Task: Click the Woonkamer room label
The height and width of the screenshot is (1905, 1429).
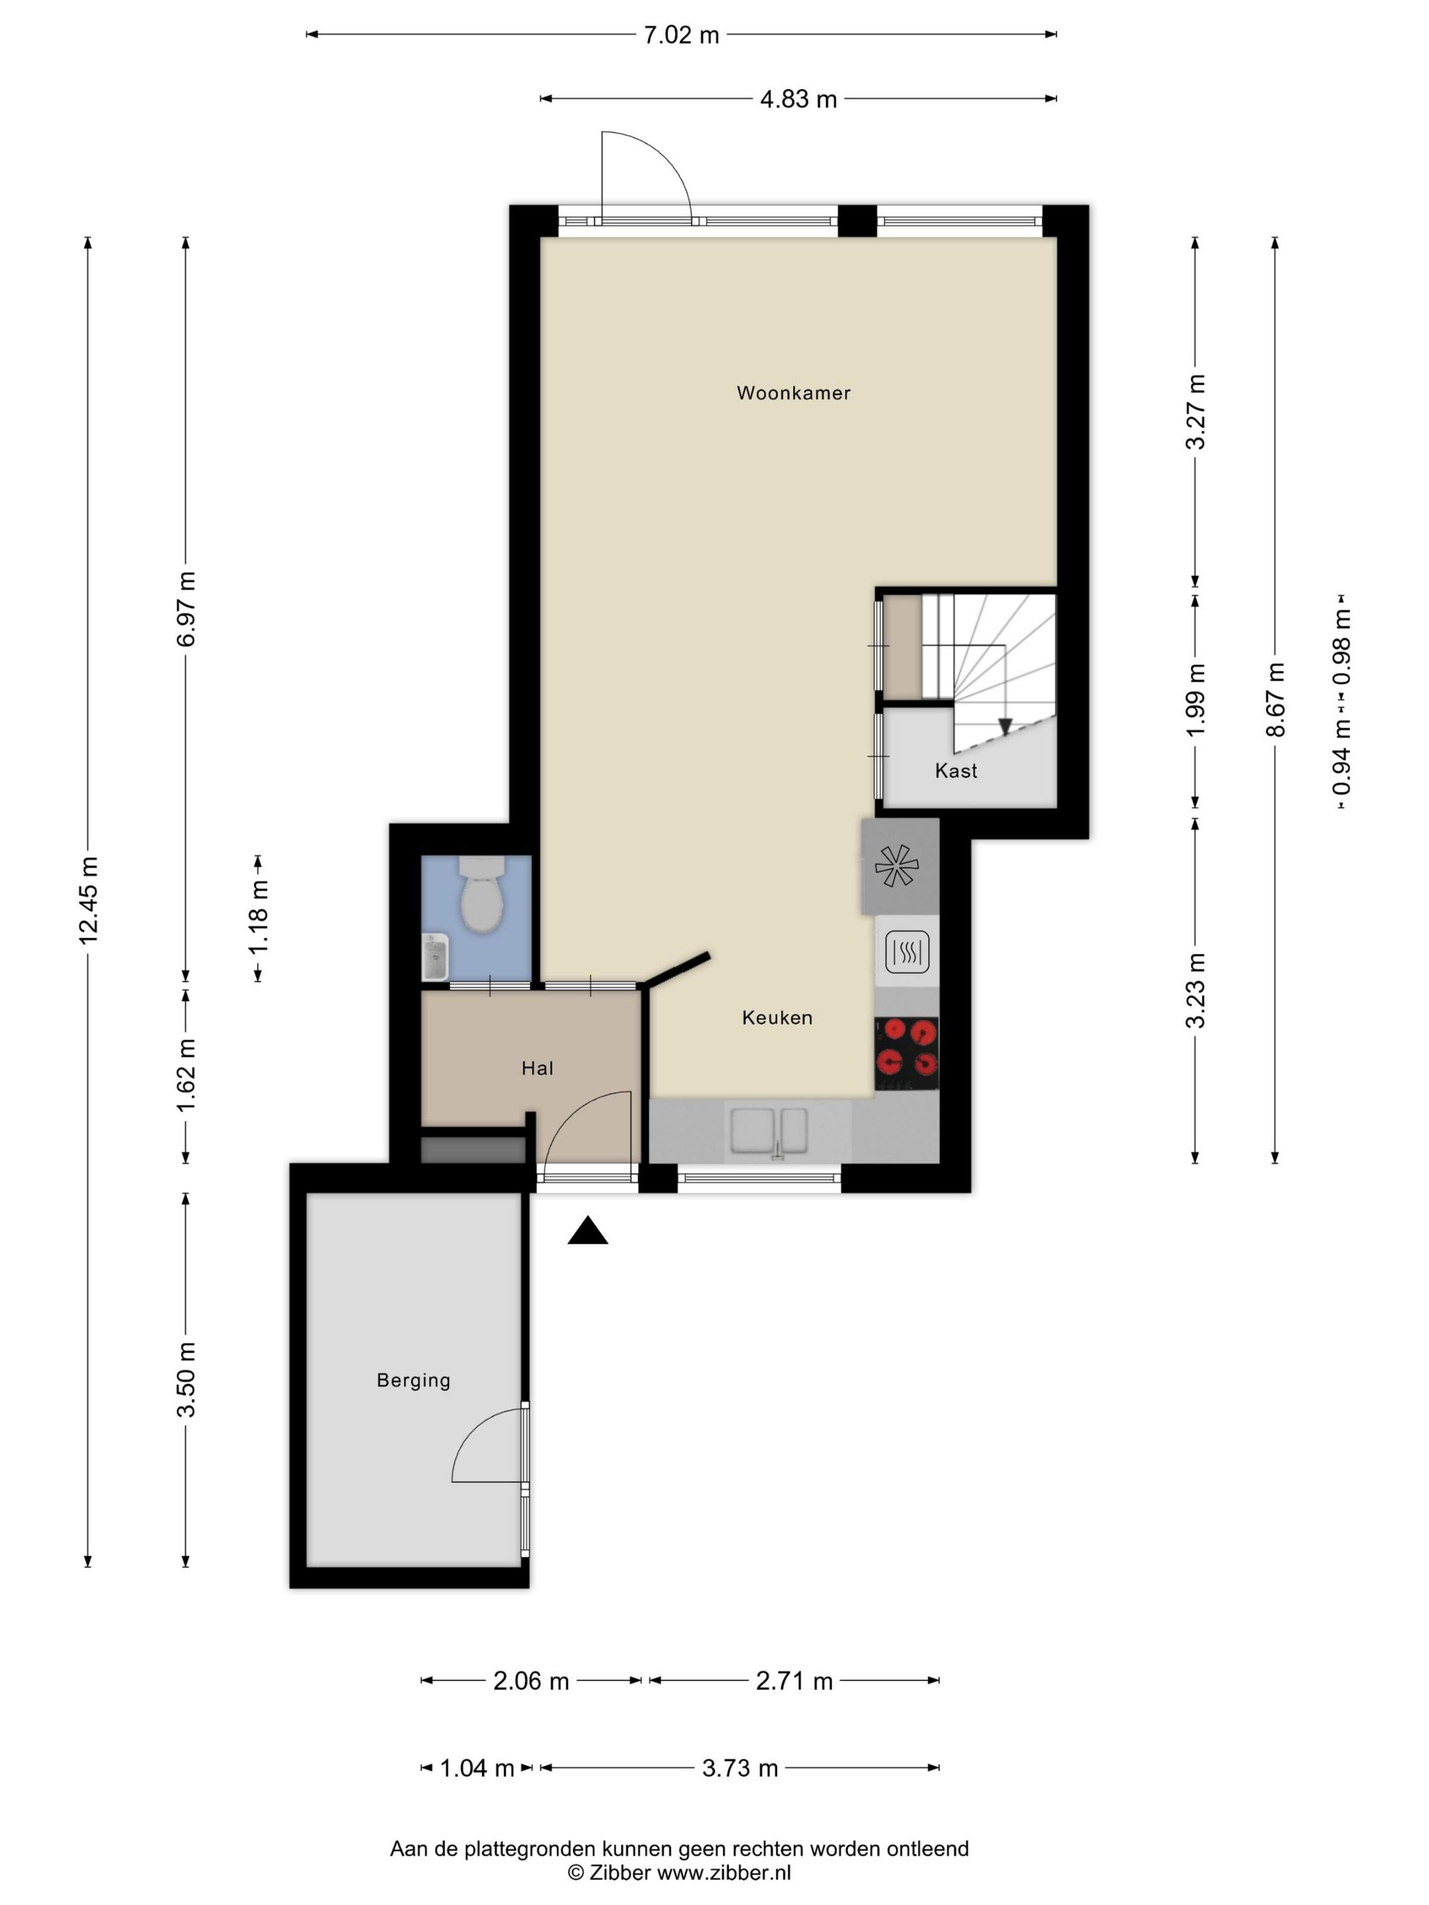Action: (793, 393)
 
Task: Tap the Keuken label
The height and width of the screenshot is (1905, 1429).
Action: (777, 1018)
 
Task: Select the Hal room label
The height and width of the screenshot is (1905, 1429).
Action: (537, 1069)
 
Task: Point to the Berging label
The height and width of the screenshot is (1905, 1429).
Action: (414, 1380)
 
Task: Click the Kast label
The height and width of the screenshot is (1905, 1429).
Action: (956, 771)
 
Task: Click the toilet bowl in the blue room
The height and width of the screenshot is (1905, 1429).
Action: (482, 894)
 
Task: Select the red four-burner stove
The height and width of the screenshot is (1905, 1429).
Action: (906, 1054)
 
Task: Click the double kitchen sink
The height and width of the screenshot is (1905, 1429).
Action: (769, 1130)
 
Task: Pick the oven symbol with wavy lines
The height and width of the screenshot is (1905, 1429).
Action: (906, 952)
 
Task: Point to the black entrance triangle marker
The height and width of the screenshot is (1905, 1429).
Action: (587, 1231)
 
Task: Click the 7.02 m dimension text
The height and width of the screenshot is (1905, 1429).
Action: (681, 35)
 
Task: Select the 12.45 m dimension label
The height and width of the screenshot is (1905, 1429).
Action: (88, 900)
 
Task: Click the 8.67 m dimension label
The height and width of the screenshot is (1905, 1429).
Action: (1275, 699)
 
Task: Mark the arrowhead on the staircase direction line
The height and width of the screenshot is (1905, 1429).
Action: (1004, 726)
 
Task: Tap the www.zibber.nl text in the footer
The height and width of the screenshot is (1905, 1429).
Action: (725, 1872)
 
